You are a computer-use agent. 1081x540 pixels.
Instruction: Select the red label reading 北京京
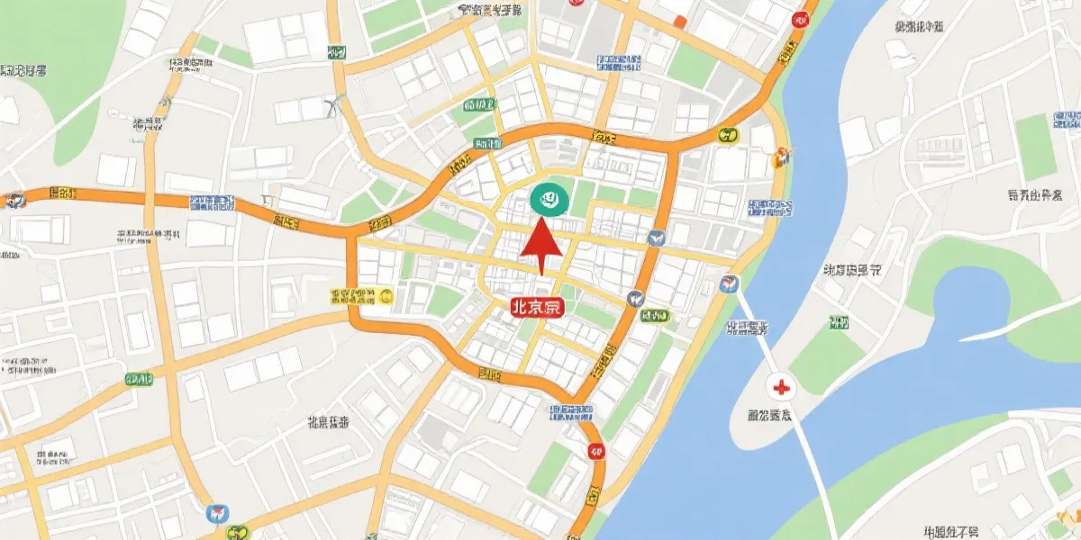(x=536, y=307)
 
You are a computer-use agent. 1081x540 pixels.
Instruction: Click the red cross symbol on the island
(x=781, y=388)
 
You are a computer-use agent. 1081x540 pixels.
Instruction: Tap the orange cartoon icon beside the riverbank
(x=781, y=157)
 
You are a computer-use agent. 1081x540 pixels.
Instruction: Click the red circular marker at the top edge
(x=799, y=19)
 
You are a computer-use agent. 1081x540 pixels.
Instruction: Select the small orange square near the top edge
(x=680, y=21)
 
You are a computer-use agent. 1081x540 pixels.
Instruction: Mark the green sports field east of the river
(x=1035, y=148)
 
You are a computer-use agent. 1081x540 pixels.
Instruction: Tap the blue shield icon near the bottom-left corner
(x=217, y=514)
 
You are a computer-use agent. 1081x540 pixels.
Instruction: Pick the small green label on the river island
(x=838, y=323)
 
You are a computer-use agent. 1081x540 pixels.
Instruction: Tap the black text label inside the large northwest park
(x=24, y=69)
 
